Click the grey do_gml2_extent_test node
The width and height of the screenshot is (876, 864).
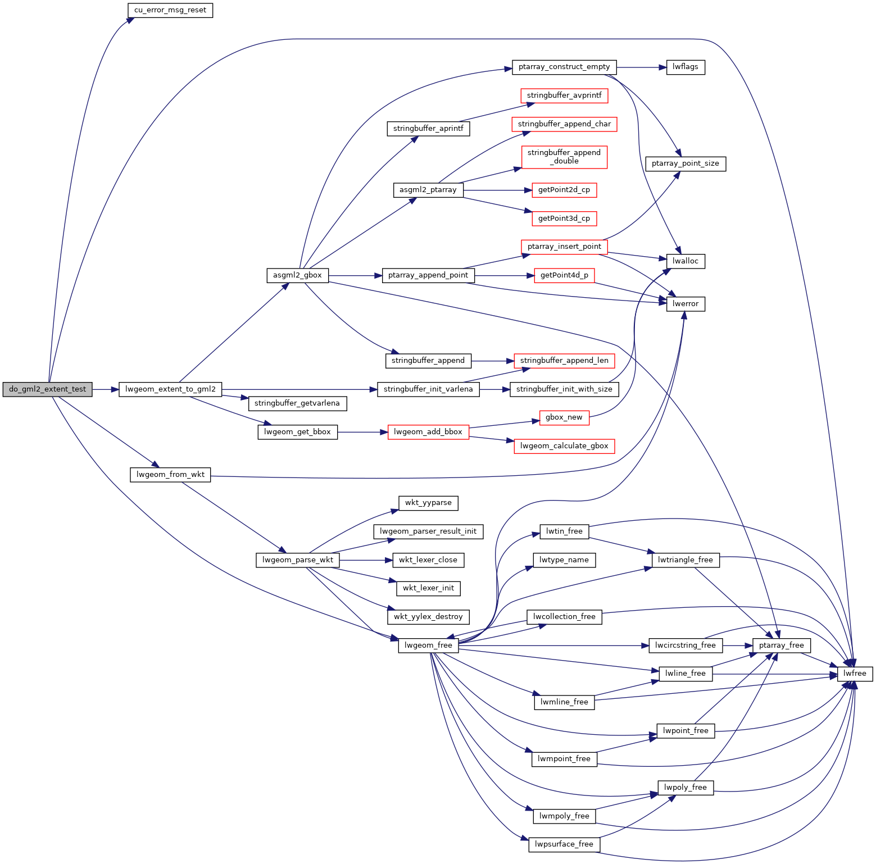coord(47,389)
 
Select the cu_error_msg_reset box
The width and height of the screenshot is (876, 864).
coord(170,10)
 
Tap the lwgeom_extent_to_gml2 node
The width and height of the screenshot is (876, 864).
coord(170,389)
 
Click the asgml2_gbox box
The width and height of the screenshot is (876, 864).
coord(297,275)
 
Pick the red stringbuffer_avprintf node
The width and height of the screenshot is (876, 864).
coord(564,96)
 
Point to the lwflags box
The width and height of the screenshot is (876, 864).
coord(686,67)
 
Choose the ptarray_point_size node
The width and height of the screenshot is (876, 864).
coord(686,163)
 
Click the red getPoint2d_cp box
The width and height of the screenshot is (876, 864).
coord(564,190)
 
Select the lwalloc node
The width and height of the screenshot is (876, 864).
coord(686,261)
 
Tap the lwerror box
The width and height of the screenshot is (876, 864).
coord(686,304)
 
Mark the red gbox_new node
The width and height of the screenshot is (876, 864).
coord(564,417)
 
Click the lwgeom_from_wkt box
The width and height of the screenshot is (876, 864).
coord(170,475)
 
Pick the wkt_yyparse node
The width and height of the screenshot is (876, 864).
coord(428,503)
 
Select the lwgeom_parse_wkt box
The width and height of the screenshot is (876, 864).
coord(298,560)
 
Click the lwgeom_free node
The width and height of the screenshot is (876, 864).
coord(428,645)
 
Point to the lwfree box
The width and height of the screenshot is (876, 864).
coord(855,674)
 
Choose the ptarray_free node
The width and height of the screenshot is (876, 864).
coord(781,645)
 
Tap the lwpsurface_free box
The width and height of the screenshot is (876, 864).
coord(564,844)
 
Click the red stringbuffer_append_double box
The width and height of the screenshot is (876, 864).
coord(564,157)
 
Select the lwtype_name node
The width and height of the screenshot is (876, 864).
coord(564,560)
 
